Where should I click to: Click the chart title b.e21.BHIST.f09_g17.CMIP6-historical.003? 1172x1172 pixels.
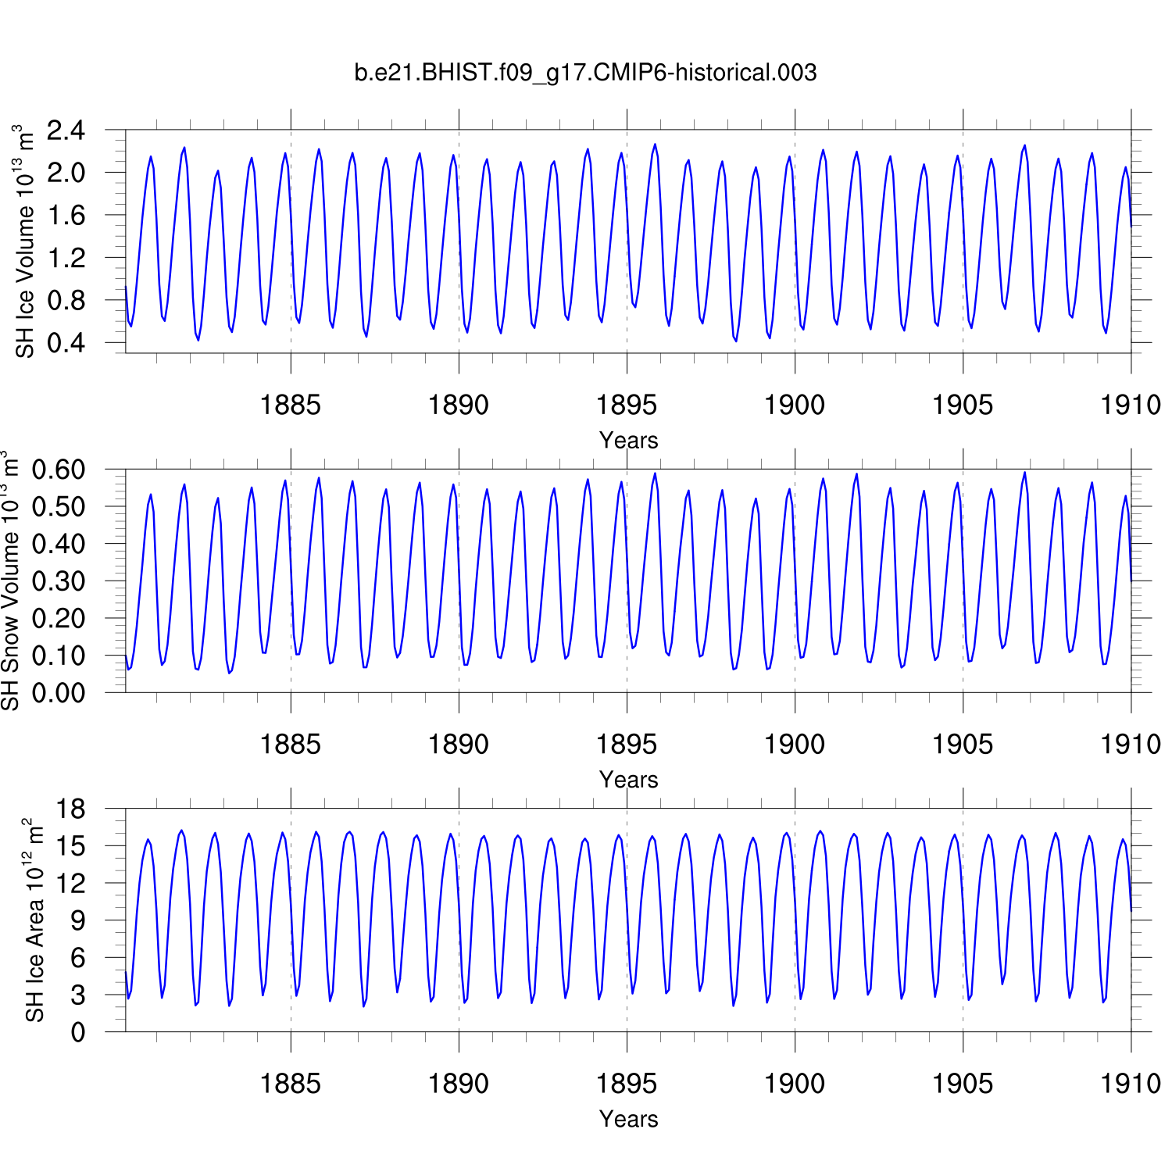[585, 73]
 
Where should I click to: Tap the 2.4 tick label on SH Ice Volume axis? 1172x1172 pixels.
[66, 130]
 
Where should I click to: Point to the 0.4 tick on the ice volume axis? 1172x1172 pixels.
[66, 343]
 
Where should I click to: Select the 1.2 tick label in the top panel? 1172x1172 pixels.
[66, 258]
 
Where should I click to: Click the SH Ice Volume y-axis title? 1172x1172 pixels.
[26, 241]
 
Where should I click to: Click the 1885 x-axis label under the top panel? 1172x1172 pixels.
[290, 405]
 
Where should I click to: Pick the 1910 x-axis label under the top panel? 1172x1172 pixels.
[1130, 405]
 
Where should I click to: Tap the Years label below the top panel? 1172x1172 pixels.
[628, 441]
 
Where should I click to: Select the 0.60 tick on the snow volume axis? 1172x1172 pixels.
[58, 470]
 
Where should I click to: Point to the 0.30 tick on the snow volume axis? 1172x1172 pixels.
[58, 581]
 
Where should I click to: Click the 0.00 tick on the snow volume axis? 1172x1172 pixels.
[58, 693]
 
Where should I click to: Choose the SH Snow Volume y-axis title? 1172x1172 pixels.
[10, 581]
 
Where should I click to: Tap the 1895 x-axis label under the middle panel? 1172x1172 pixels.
[626, 745]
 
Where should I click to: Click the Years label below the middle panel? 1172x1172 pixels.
[628, 780]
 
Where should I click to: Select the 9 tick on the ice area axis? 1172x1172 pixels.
[77, 921]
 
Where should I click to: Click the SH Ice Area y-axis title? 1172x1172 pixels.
[34, 920]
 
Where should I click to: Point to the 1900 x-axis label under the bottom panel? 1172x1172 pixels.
[794, 1084]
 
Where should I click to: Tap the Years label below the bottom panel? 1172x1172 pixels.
[628, 1119]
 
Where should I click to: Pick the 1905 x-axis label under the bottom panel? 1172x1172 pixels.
[962, 1084]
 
